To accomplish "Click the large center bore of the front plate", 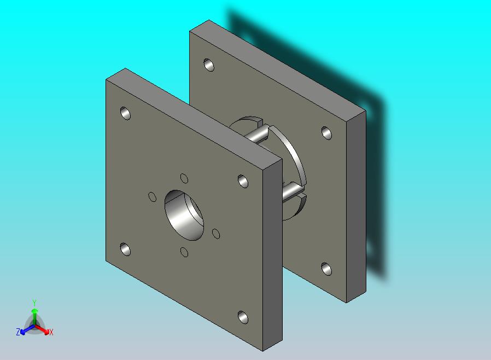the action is point(184,215).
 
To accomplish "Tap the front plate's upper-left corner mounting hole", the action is point(125,113).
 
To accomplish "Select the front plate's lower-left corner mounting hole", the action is point(125,249).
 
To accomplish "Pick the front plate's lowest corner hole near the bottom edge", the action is point(243,317).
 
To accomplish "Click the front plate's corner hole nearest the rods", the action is point(243,181).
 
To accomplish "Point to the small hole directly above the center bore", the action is point(184,178).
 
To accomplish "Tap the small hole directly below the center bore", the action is point(184,252).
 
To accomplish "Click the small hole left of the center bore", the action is point(152,197).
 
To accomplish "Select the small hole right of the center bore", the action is point(216,234).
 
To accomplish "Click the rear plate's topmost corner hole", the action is point(209,65).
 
